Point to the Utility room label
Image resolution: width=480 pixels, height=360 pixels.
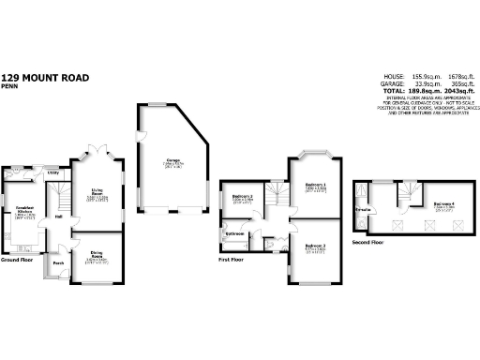[x=53, y=172]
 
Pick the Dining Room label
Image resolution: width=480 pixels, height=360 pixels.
[x=97, y=252]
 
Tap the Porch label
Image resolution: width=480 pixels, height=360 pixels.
[x=58, y=263]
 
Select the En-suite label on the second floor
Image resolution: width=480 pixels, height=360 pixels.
[x=362, y=210]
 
